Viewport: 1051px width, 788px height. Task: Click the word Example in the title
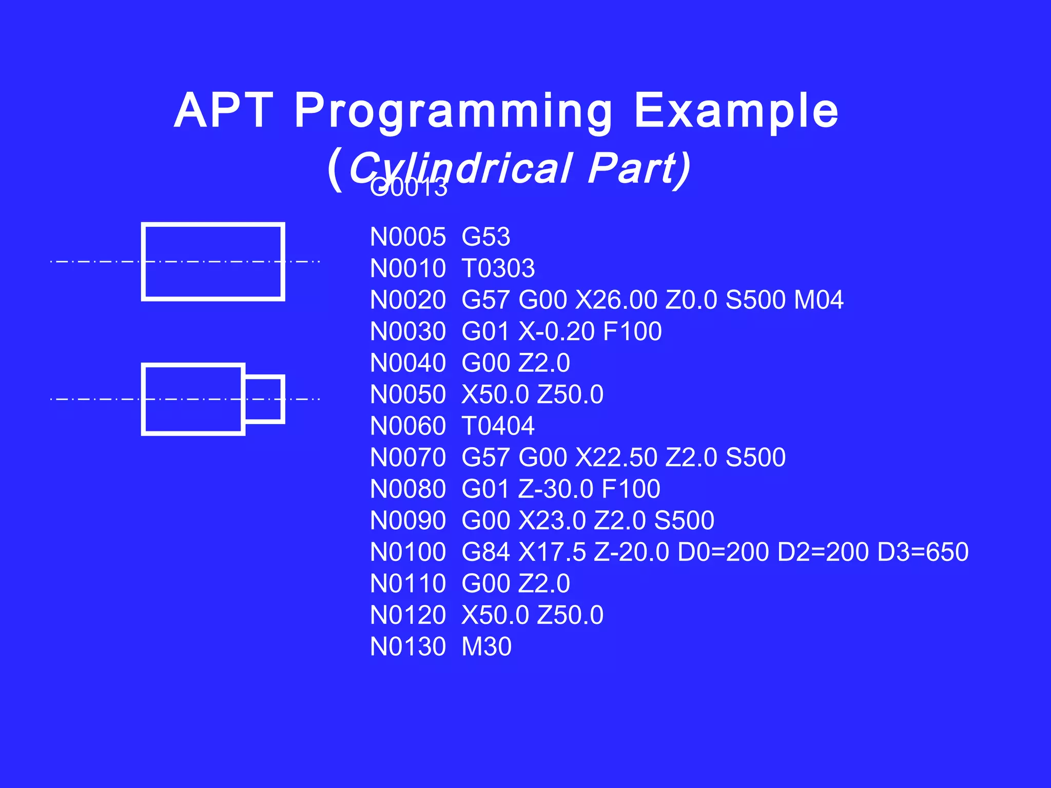coord(736,112)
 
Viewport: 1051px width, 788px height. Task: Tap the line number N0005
coord(408,237)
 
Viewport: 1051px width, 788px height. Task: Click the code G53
coord(485,237)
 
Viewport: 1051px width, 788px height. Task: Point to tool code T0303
coord(498,268)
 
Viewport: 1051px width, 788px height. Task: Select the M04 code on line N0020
coord(818,300)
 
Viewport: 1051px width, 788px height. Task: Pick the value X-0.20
coord(556,331)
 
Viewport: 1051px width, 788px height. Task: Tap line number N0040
coord(408,363)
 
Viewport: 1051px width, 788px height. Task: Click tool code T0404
coord(498,426)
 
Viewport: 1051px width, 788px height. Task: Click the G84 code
coord(485,552)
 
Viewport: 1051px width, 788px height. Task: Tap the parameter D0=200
coord(723,552)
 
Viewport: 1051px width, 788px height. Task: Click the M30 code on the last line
coord(486,646)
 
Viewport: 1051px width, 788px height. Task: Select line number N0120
coord(408,615)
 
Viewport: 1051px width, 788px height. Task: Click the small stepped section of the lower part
coord(264,399)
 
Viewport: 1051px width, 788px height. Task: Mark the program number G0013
coord(409,188)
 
